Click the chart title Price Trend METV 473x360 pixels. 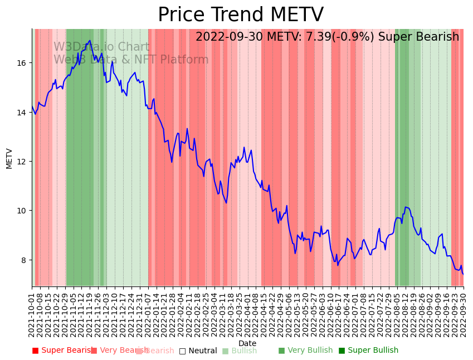click(x=240, y=15)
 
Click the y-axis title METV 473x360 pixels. click(x=9, y=158)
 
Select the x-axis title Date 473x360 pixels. click(x=247, y=343)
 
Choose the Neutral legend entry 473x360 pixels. click(x=198, y=351)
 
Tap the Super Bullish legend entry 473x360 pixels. click(x=369, y=351)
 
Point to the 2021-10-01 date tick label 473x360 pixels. click(x=32, y=313)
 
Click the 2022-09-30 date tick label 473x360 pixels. click(x=463, y=313)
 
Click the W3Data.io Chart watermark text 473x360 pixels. click(x=101, y=47)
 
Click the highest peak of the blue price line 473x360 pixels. click(x=89, y=41)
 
